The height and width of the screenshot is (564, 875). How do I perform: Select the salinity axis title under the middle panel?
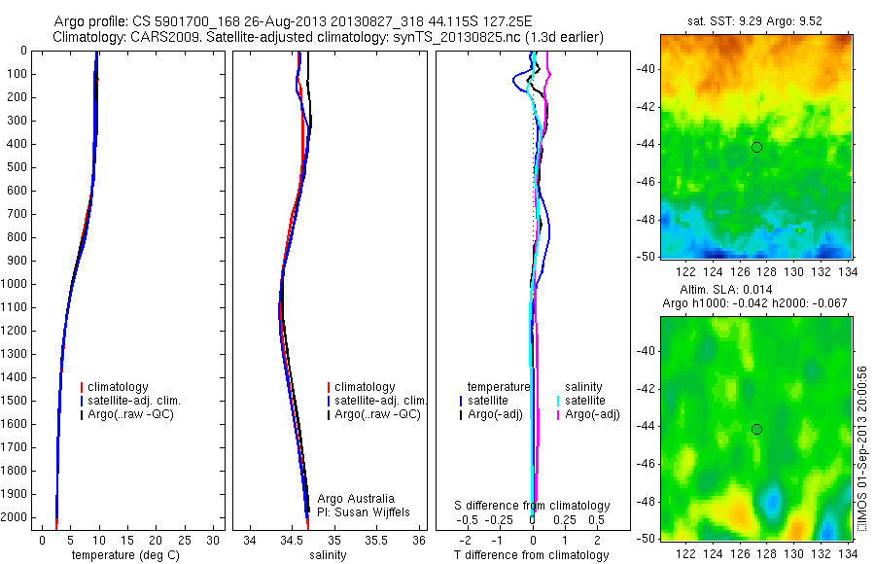click(327, 555)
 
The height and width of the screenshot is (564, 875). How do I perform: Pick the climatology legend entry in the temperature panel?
click(121, 387)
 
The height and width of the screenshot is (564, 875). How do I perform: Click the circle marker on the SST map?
click(756, 147)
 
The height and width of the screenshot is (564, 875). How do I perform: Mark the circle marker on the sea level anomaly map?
click(756, 429)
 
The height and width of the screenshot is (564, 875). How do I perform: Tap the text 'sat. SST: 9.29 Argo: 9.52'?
click(756, 19)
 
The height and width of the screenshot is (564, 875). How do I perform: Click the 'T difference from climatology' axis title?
click(532, 555)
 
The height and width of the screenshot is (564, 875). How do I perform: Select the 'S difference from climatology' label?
click(532, 506)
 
